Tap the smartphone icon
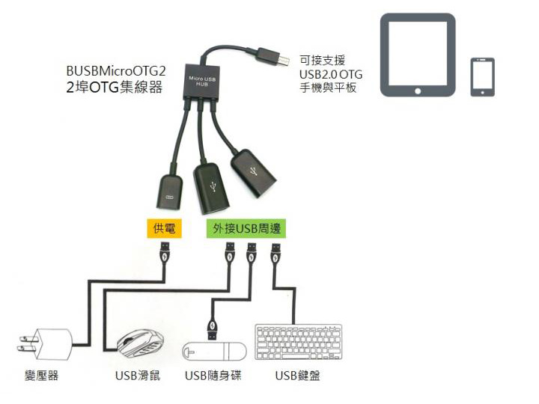click(x=482, y=76)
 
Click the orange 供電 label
click(x=164, y=227)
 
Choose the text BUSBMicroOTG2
click(x=115, y=72)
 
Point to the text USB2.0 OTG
click(x=330, y=74)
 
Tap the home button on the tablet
click(x=417, y=90)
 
